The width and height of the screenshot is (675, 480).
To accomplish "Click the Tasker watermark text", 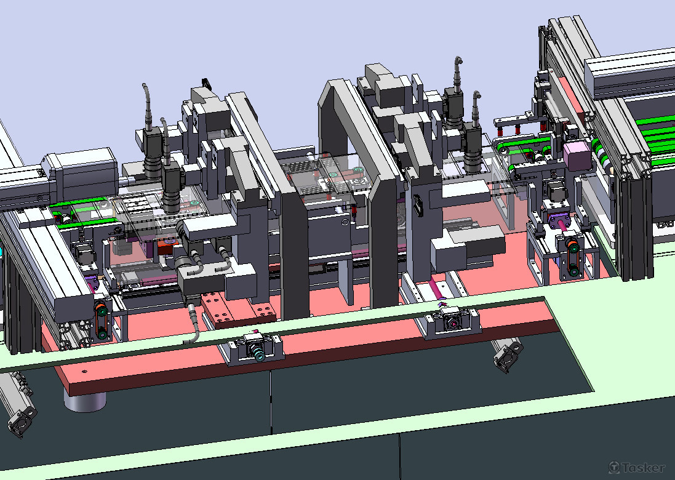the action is pos(637,468).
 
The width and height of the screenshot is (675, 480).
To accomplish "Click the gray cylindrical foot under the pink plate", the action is pos(85,401).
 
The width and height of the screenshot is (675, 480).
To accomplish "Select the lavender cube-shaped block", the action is pos(577,156).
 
